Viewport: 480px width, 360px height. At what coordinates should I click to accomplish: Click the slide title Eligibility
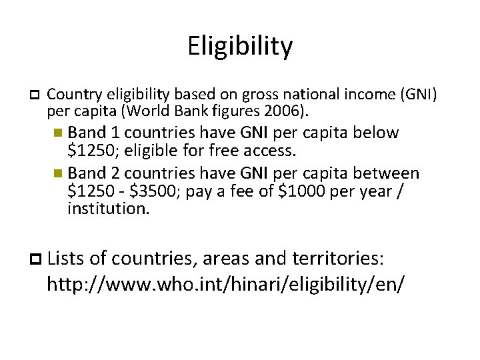(240, 47)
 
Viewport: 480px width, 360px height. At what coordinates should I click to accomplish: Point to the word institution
(109, 209)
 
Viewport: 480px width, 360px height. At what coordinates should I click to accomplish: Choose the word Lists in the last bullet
(70, 258)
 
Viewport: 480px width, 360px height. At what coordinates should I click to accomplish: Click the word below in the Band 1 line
(375, 133)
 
